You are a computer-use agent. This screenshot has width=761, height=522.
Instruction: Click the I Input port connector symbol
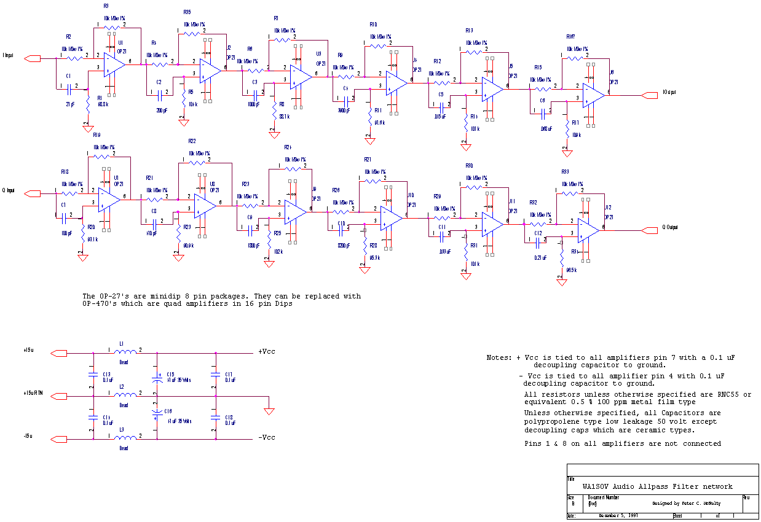click(32, 58)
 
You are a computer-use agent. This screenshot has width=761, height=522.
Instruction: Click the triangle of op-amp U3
click(302, 74)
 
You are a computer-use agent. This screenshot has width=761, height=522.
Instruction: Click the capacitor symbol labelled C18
click(215, 417)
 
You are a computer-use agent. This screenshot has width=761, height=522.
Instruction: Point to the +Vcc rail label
click(266, 352)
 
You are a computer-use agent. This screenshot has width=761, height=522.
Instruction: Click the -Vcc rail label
click(266, 438)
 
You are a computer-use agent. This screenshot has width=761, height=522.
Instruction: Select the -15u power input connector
click(58, 438)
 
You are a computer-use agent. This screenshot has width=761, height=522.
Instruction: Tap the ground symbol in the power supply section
click(269, 410)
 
